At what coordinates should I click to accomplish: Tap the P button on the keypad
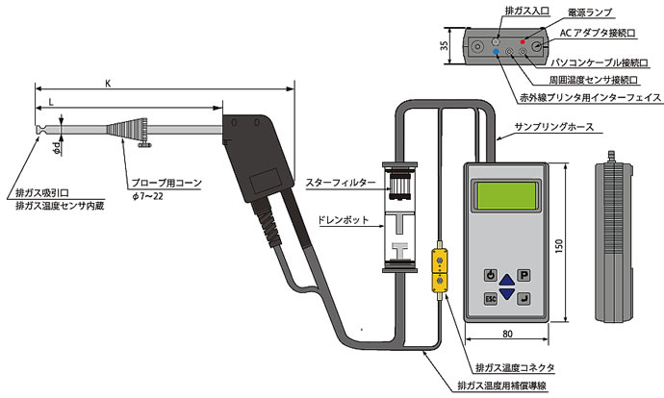pos(524,274)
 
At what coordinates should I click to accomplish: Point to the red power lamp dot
pos(523,42)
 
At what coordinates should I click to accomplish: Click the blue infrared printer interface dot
pos(497,55)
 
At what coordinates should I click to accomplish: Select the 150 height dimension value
pos(557,248)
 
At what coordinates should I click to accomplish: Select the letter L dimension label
pos(49,100)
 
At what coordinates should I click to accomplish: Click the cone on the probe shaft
pos(129,129)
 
